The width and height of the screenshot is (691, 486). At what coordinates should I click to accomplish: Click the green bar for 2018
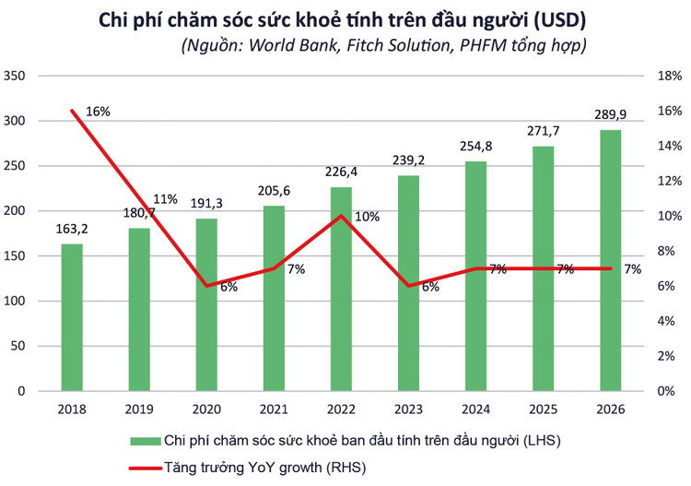[x=72, y=317]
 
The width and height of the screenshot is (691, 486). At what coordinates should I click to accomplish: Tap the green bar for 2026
[x=610, y=260]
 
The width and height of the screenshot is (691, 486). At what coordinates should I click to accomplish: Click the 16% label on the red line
[x=98, y=112]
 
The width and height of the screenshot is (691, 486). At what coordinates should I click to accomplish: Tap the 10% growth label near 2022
[x=367, y=217]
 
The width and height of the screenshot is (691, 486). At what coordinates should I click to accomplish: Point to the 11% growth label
[x=165, y=199]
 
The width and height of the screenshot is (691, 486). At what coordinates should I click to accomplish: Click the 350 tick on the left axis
[x=16, y=77]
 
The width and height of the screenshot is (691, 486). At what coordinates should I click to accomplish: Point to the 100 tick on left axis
[x=16, y=302]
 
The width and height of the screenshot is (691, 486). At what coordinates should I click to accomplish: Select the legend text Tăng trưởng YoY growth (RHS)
[x=264, y=468]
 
